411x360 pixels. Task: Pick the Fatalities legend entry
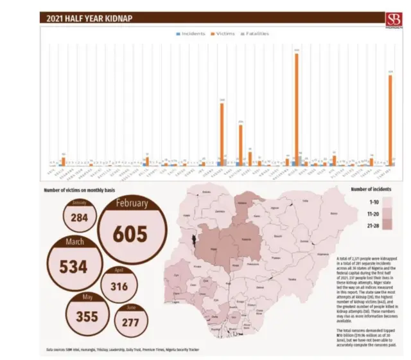pos(255,33)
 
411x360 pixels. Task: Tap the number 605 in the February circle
pos(131,234)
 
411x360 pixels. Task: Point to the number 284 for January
pos(79,218)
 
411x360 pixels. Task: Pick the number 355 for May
pos(88,317)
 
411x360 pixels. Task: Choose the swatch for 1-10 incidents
pos(387,201)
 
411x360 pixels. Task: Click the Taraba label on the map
pos(292,279)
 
